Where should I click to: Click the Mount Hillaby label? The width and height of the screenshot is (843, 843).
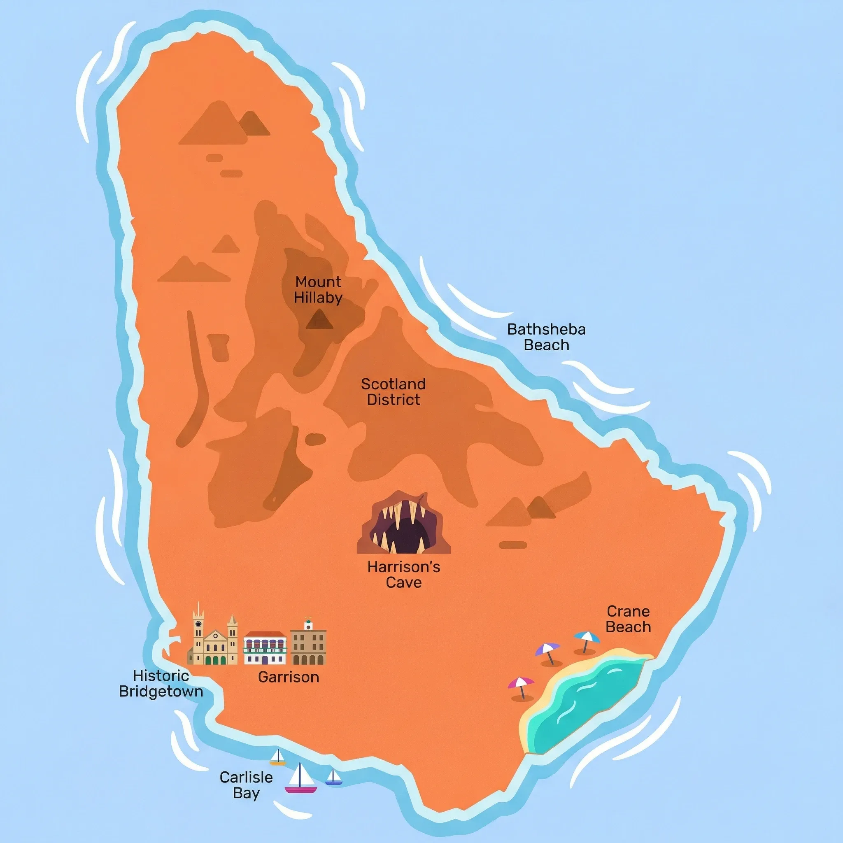318,290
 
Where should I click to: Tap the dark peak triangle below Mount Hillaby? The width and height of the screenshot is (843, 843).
319,319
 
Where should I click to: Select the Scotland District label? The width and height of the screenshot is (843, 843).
393,392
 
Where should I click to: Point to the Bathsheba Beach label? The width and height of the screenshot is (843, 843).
546,337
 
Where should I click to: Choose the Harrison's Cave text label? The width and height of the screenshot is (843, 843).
404,574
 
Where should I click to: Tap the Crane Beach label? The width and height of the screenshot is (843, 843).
628,619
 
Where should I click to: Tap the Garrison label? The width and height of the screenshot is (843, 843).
289,677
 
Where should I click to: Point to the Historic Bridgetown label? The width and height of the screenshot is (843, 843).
161,683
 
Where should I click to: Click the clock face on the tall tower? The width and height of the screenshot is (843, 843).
198,624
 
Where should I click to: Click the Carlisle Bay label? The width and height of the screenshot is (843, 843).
246,785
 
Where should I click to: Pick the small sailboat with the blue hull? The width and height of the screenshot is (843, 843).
334,777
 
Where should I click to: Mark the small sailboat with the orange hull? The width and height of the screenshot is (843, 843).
277,757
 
